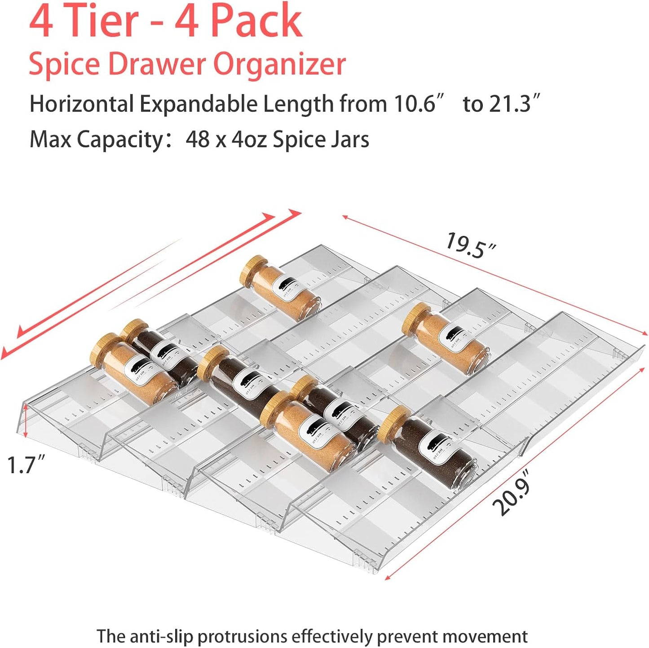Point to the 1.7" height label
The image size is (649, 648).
tap(26, 464)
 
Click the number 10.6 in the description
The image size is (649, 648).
tap(415, 104)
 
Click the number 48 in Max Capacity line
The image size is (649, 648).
tap(198, 139)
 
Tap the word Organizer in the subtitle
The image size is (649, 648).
tap(279, 64)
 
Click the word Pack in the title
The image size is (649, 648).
tap(256, 21)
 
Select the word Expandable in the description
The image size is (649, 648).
tap(198, 104)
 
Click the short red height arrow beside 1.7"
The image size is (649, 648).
tap(26, 420)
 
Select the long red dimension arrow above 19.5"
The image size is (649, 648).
tap(494, 274)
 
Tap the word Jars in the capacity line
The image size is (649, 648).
tap(349, 139)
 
